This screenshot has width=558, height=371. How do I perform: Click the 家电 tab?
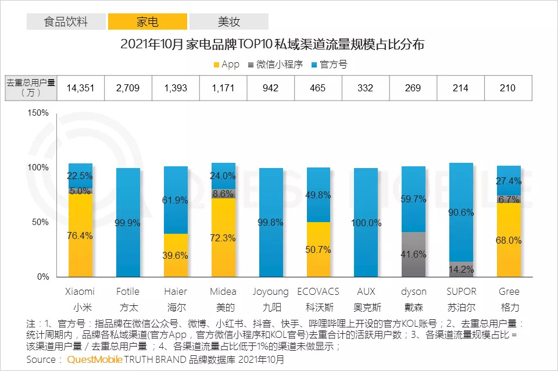pyautogui.click(x=148, y=22)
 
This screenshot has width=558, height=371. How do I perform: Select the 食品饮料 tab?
pyautogui.click(x=66, y=22)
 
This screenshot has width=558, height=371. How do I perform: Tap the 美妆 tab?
pyautogui.click(x=229, y=22)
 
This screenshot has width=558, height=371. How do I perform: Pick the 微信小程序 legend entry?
pyautogui.click(x=276, y=65)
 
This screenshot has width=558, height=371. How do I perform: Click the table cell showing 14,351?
pyautogui.click(x=80, y=88)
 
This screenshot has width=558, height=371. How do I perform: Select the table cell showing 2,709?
pyautogui.click(x=128, y=88)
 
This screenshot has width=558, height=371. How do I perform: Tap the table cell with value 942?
pyautogui.click(x=270, y=88)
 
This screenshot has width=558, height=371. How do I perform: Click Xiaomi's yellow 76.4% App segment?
pyautogui.click(x=80, y=236)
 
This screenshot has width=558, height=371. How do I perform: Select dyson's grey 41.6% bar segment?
pyautogui.click(x=413, y=254)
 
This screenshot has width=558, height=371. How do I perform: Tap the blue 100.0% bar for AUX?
pyautogui.click(x=366, y=223)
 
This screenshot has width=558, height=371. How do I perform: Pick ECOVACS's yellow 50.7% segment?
pyautogui.click(x=318, y=249)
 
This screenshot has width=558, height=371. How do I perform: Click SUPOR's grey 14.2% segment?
pyautogui.click(x=461, y=269)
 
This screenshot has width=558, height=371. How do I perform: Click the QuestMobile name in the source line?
pyautogui.click(x=95, y=359)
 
